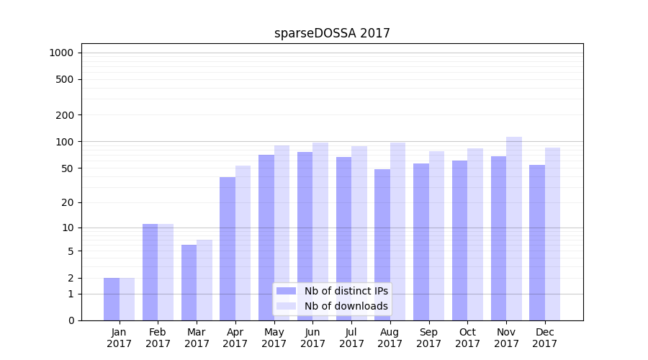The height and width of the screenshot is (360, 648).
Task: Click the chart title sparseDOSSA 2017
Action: click(332, 33)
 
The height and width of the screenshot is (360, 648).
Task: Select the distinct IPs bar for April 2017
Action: click(228, 248)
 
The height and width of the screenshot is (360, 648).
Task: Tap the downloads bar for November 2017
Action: click(514, 228)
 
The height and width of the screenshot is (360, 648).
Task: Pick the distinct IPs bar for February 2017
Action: click(150, 272)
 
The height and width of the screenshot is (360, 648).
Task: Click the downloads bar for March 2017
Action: click(204, 280)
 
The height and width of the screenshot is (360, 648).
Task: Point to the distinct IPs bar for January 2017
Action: click(112, 299)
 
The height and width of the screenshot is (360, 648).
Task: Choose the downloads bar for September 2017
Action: click(436, 235)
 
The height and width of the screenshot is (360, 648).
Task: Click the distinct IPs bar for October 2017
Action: click(459, 240)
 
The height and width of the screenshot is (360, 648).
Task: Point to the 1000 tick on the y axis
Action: click(61, 53)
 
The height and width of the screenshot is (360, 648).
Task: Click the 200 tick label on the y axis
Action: click(66, 115)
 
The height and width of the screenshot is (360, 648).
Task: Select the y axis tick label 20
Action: click(68, 202)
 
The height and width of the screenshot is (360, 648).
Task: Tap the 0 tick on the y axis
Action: click(71, 320)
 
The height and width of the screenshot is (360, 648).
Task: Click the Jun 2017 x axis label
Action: click(312, 338)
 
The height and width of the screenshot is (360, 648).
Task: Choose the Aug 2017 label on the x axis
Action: click(390, 338)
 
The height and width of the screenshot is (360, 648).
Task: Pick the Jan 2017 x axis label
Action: click(120, 338)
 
